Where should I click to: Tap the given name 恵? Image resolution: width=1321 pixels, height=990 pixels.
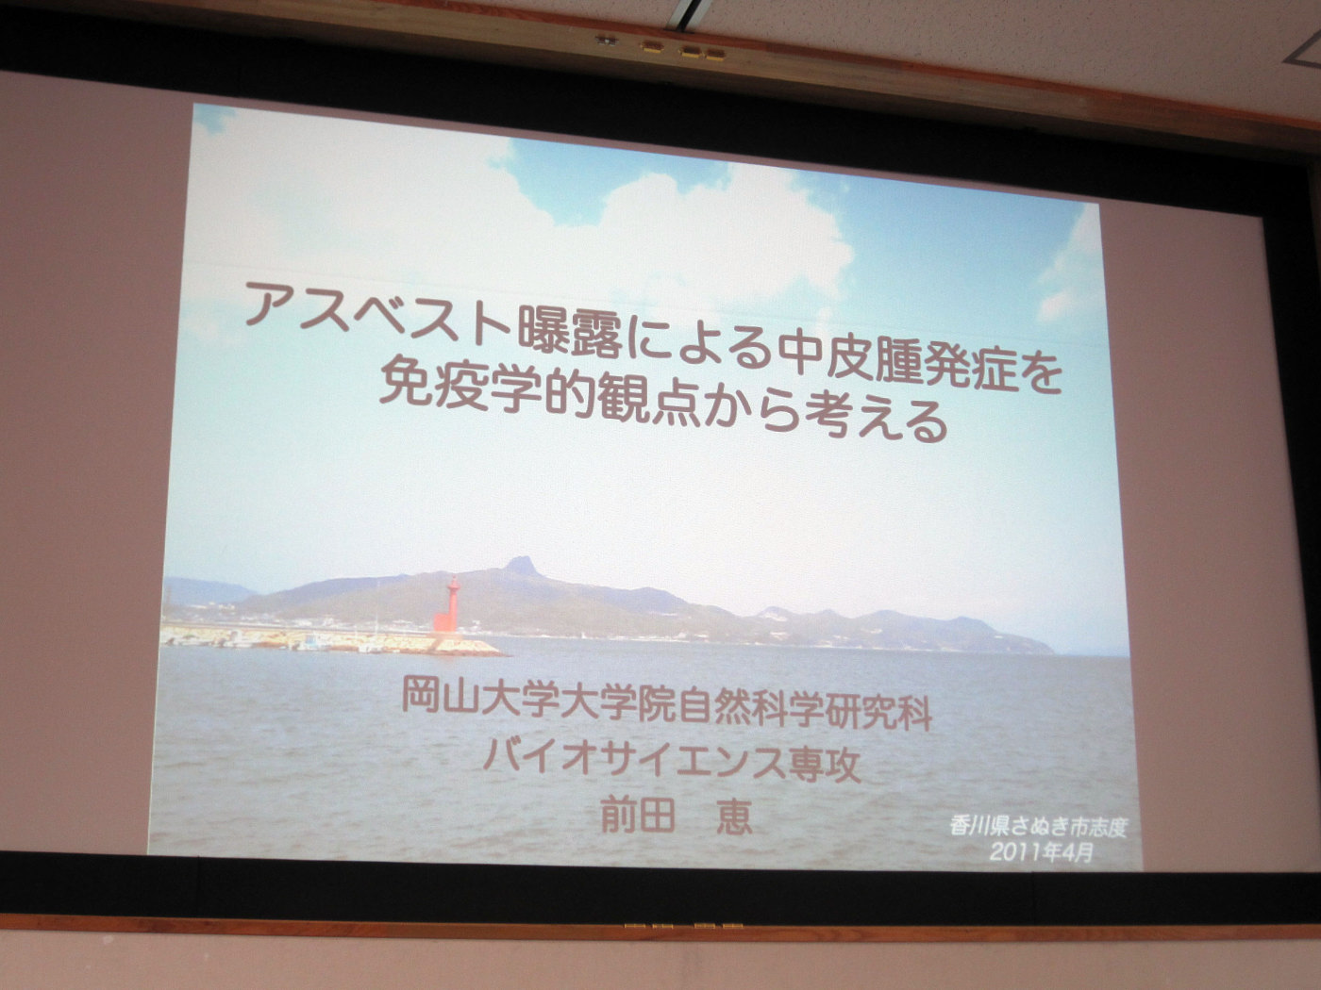click(732, 817)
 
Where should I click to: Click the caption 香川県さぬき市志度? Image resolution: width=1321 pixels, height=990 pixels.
click(1037, 828)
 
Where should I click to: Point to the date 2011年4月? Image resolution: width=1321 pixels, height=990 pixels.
click(1040, 851)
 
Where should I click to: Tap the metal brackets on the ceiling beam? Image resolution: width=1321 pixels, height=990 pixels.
click(662, 48)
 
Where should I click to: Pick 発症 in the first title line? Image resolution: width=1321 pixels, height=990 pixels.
click(986, 367)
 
